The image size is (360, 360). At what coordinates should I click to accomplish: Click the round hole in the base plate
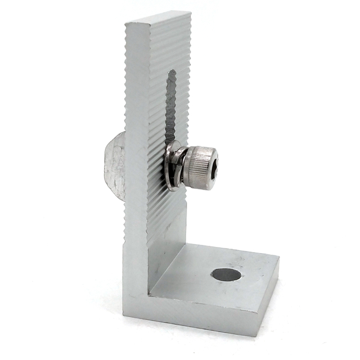pos(226,275)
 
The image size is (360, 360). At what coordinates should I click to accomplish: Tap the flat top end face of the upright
pos(158,19)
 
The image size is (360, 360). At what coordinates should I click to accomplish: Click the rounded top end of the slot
pos(172,73)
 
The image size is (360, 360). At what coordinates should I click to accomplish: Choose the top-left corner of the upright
pos(126,24)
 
